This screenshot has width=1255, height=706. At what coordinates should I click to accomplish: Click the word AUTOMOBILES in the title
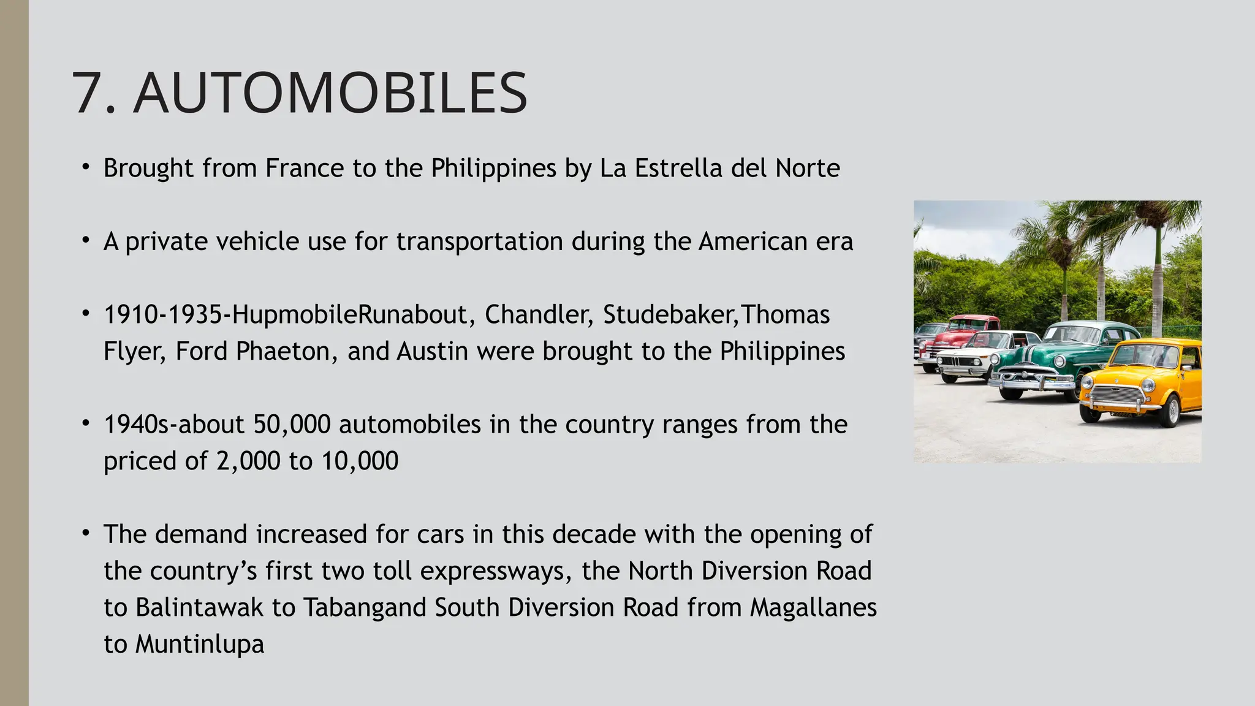click(330, 93)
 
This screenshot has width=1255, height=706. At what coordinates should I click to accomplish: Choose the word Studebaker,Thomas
click(716, 315)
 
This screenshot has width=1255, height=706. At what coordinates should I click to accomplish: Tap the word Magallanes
click(813, 608)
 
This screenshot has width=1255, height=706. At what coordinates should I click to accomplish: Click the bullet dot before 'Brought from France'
click(86, 167)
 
